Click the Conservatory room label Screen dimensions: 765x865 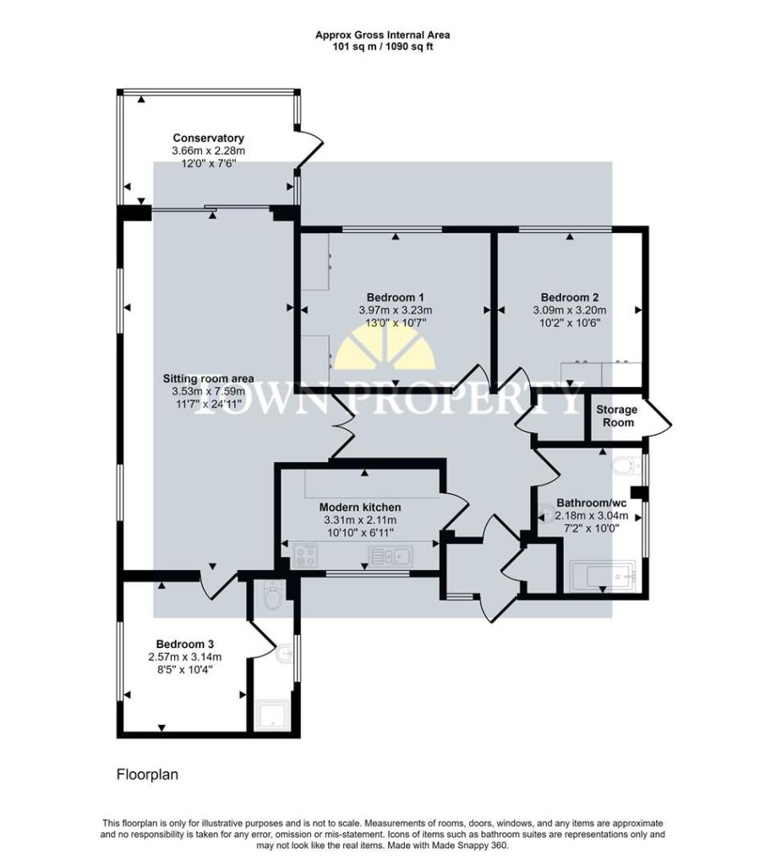(x=208, y=138)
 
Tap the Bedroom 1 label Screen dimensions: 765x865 (x=396, y=297)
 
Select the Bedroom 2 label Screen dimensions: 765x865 (x=570, y=297)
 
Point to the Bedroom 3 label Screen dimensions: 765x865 (x=185, y=644)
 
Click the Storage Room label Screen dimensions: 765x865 (x=617, y=416)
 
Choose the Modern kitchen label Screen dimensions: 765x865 (x=360, y=507)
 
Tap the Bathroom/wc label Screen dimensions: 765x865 (x=592, y=503)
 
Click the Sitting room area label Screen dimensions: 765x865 (x=209, y=378)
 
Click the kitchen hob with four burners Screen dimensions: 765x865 (x=305, y=556)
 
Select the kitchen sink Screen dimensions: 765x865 (x=391, y=556)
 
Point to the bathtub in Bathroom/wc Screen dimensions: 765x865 (x=603, y=576)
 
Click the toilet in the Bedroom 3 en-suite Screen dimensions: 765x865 (x=273, y=596)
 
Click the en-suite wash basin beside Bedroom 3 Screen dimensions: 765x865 (x=284, y=655)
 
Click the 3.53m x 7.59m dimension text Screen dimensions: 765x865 (x=209, y=391)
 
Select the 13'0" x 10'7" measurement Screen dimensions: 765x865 (x=396, y=323)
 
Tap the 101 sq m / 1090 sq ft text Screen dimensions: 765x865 (x=382, y=47)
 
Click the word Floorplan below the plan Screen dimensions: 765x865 (x=147, y=775)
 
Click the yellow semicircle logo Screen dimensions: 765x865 (x=385, y=347)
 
